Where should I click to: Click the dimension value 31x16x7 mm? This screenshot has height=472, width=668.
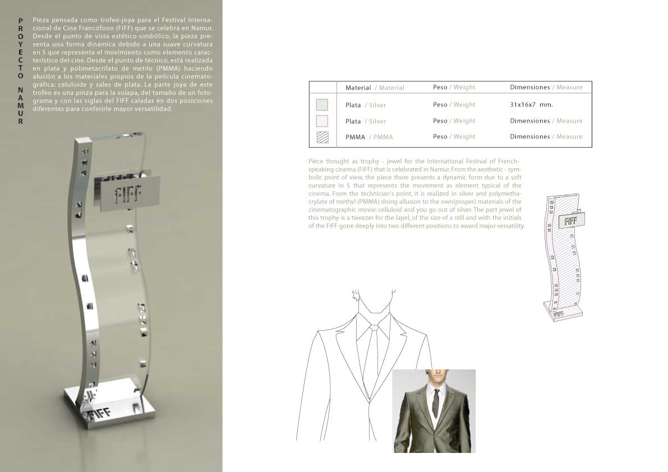pyautogui.click(x=531, y=105)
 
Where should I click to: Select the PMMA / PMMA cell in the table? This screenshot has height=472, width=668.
pyautogui.click(x=369, y=137)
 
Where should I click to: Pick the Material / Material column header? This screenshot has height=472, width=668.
pyautogui.click(x=375, y=87)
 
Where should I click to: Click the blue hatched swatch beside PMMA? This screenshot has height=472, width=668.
pyautogui.click(x=323, y=137)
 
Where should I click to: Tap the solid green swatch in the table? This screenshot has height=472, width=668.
pyautogui.click(x=322, y=105)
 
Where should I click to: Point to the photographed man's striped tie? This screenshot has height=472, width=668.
pyautogui.click(x=435, y=402)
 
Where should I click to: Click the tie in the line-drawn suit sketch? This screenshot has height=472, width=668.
pyautogui.click(x=370, y=360)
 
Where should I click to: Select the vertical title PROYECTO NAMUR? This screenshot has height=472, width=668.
pyautogui.click(x=20, y=71)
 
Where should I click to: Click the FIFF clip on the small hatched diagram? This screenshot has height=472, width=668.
pyautogui.click(x=571, y=221)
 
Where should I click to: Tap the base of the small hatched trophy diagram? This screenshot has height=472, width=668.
pyautogui.click(x=563, y=310)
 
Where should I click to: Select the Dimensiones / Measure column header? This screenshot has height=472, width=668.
pyautogui.click(x=546, y=87)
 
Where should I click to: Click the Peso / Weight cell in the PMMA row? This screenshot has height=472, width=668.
pyautogui.click(x=454, y=137)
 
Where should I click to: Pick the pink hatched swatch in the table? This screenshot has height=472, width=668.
pyautogui.click(x=322, y=121)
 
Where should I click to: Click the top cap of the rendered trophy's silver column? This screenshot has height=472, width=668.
pyautogui.click(x=85, y=141)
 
